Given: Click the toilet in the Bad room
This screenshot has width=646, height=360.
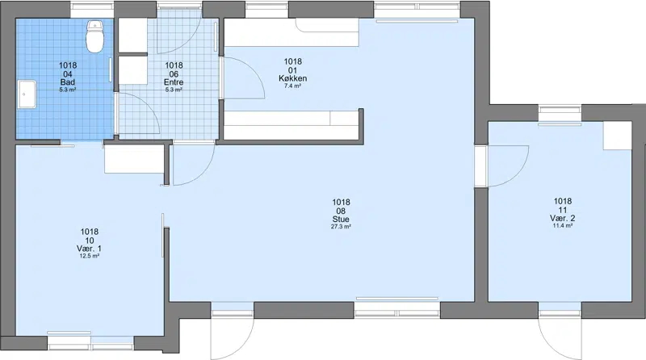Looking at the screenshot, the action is coord(94,36).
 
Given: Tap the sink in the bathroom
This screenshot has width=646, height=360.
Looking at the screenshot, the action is coord(27,94).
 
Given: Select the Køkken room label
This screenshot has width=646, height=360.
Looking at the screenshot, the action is coord(292,78).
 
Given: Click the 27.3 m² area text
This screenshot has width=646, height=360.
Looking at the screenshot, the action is coord(341,227).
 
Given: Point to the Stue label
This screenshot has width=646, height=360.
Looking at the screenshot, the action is coord(341,219).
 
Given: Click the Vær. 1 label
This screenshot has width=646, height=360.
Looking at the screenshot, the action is coord(89,249).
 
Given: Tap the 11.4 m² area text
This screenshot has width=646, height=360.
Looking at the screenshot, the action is coord(562,226).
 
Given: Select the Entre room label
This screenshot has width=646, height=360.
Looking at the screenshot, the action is coord(174,82).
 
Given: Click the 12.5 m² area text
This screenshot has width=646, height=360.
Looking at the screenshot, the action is coord(89,256).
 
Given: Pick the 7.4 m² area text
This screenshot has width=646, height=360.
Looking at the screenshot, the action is coord(292,86).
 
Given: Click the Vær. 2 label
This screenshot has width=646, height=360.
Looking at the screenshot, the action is coord(562,218).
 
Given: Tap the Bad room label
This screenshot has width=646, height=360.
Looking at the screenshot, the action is coord(68,82).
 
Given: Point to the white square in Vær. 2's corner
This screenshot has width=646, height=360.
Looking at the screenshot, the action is coord(617,136).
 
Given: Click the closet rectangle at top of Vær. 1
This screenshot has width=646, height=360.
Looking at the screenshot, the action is coord(134,159).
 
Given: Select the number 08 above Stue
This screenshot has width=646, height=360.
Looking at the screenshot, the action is coord(341,211).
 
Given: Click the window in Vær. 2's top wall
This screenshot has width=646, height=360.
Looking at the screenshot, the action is coord(560,112).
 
